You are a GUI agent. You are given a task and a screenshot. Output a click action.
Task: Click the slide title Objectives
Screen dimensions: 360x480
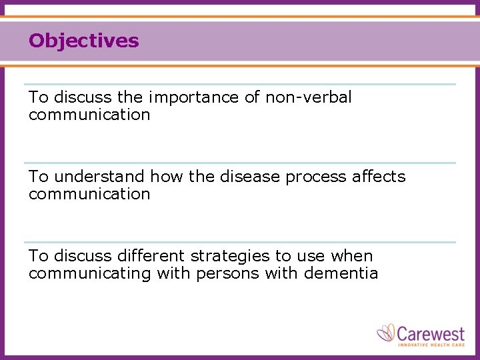(83, 41)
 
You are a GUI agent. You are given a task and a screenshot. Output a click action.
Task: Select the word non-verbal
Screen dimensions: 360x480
(308, 97)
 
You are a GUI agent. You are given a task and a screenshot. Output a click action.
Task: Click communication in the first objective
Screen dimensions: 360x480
(89, 115)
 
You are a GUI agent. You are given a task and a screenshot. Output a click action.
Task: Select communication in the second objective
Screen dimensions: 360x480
(89, 194)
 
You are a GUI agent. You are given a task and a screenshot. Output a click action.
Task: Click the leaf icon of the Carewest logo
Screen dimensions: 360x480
(386, 333)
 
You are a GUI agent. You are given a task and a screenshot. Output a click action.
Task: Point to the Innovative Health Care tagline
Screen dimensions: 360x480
(431, 345)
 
